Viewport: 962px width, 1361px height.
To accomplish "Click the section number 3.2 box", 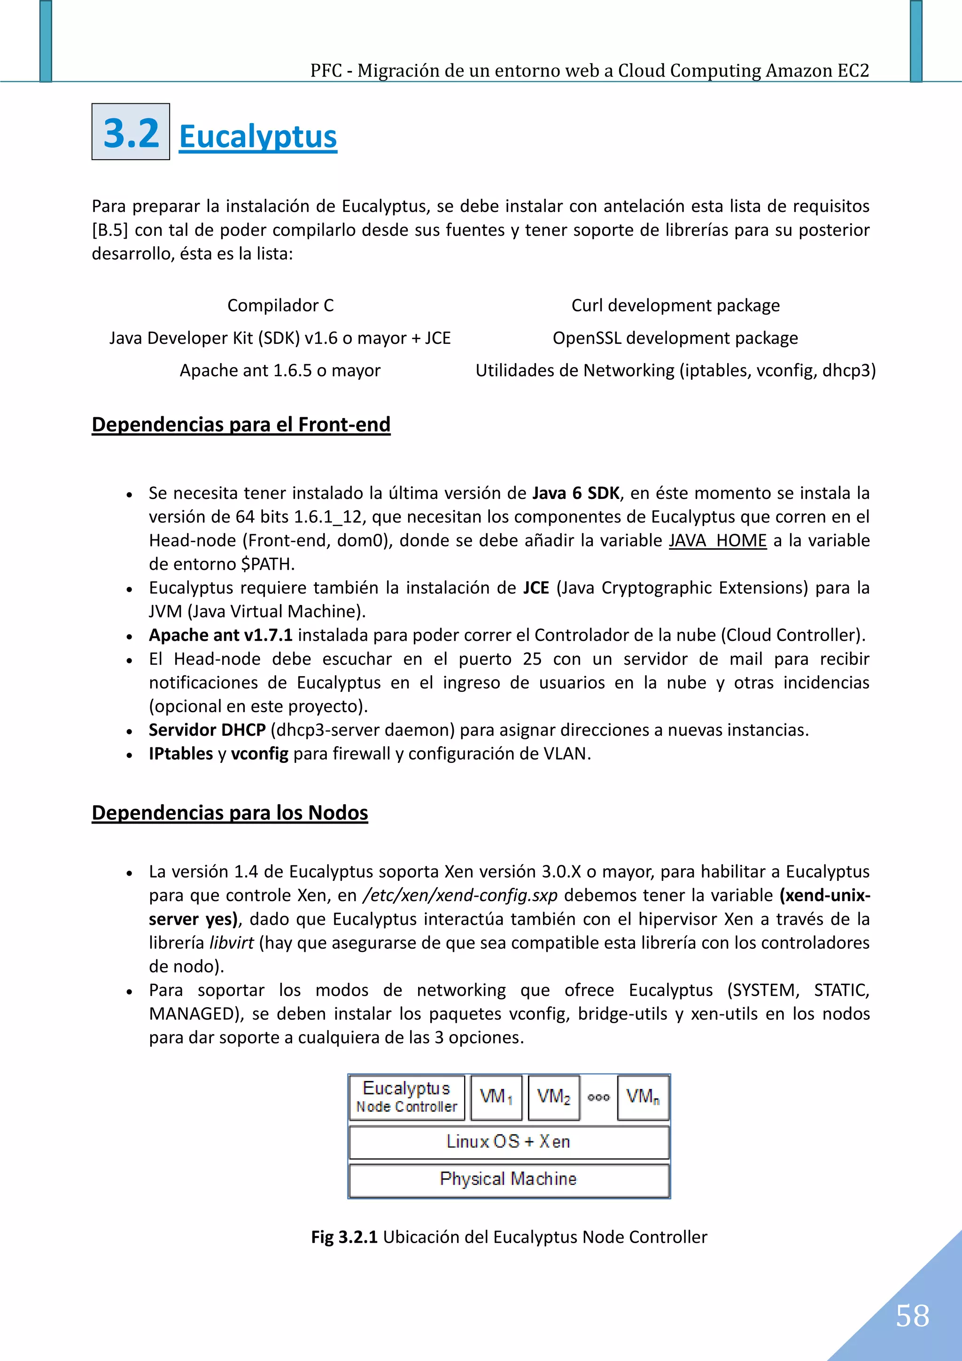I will [131, 132].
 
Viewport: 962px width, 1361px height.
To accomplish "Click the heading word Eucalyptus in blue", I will [258, 136].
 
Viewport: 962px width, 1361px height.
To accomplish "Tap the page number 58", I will [912, 1315].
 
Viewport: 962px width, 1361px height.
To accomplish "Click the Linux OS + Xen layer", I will [509, 1142].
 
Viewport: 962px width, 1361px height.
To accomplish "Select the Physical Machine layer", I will [509, 1179].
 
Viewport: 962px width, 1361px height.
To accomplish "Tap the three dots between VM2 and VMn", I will [598, 1097].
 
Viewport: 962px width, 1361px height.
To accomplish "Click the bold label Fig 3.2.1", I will [344, 1237].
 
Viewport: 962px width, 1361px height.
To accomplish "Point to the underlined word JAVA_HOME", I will [717, 541].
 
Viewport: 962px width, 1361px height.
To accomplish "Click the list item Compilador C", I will [280, 305].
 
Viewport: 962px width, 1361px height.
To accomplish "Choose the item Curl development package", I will [675, 305].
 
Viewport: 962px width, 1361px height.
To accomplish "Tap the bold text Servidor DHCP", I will [207, 730].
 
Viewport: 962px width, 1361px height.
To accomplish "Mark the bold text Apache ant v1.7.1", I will [220, 635].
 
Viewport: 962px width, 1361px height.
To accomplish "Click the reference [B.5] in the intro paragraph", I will [109, 230].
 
